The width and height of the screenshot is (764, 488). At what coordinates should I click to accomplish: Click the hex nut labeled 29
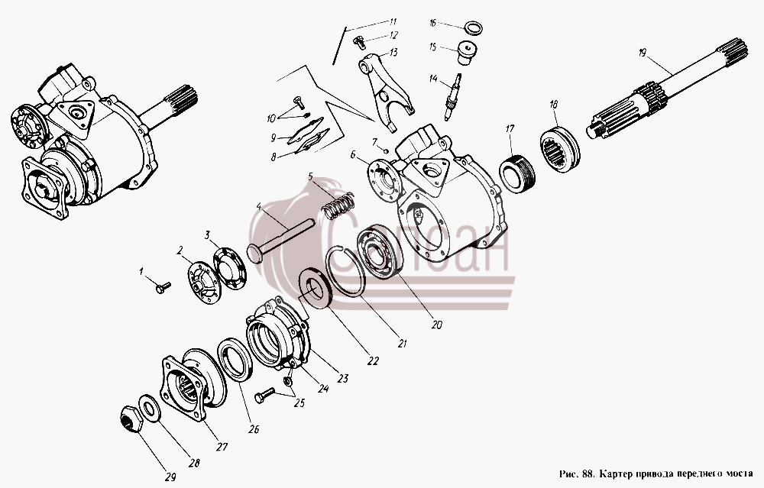(x=131, y=419)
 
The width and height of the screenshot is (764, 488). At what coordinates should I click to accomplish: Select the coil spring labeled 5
(x=337, y=205)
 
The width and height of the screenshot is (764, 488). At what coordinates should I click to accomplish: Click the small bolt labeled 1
(x=163, y=287)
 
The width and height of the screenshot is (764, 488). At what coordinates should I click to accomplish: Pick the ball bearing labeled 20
(x=380, y=251)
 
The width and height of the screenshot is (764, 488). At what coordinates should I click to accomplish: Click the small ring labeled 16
(x=473, y=27)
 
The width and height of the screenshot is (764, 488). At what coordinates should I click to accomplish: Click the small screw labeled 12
(x=360, y=42)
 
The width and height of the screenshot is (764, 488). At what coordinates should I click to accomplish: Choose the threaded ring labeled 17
(x=517, y=173)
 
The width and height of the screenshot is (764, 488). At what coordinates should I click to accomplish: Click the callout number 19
(x=643, y=53)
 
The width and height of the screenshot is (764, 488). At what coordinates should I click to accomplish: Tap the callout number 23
(x=344, y=378)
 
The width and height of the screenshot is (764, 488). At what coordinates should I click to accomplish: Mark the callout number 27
(x=222, y=446)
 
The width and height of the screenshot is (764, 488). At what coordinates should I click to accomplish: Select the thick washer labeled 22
(x=316, y=289)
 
